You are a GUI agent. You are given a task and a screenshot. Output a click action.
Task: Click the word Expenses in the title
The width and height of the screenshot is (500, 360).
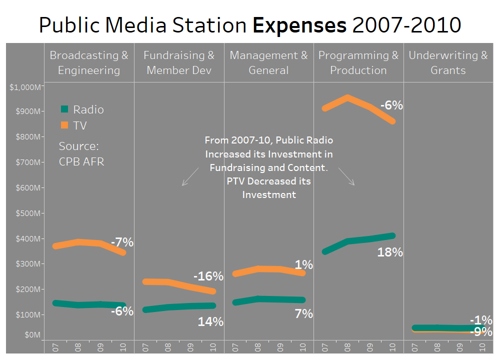(299, 25)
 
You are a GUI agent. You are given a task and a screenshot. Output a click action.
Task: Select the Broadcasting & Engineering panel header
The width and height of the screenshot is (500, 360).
(89, 63)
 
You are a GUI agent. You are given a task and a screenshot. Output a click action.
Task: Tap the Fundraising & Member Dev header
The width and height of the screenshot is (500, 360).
(179, 63)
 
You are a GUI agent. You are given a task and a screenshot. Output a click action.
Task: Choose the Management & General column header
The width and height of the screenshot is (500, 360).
(268, 63)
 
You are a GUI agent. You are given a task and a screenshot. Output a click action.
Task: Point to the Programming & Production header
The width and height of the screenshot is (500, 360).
(358, 63)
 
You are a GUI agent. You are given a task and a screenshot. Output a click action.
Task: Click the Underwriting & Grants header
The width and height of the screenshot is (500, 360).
(448, 63)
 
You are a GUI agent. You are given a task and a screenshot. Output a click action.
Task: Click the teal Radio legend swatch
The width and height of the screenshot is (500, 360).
(64, 109)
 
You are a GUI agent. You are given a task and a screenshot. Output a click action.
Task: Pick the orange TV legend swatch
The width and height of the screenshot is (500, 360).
(64, 125)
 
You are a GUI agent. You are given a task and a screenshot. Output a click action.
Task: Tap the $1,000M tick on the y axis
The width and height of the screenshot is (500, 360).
(24, 87)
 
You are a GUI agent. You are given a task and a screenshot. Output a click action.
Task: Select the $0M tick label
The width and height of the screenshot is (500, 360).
(32, 334)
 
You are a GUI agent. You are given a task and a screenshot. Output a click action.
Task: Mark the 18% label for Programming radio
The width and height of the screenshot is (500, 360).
(390, 252)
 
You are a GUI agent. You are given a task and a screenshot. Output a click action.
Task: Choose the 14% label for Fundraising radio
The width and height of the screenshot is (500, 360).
(210, 322)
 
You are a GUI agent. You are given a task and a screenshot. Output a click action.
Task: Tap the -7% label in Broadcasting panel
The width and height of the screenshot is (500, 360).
(122, 242)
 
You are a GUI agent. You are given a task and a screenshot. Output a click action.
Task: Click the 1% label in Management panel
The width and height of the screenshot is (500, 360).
(303, 264)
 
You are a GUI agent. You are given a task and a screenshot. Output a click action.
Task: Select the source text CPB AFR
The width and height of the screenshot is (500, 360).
(81, 161)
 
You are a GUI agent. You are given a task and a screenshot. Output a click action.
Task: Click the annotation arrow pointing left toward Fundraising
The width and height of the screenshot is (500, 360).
(190, 177)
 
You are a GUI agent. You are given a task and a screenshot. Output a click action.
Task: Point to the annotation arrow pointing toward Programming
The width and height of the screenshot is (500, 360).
(346, 176)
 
